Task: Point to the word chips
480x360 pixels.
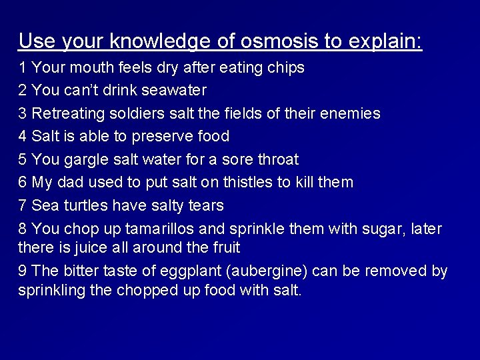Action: pyautogui.click(x=286, y=67)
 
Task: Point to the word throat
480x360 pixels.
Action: pyautogui.click(x=275, y=160)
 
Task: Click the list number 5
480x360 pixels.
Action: pyautogui.click(x=23, y=160)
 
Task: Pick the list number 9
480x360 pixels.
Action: pyautogui.click(x=23, y=271)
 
